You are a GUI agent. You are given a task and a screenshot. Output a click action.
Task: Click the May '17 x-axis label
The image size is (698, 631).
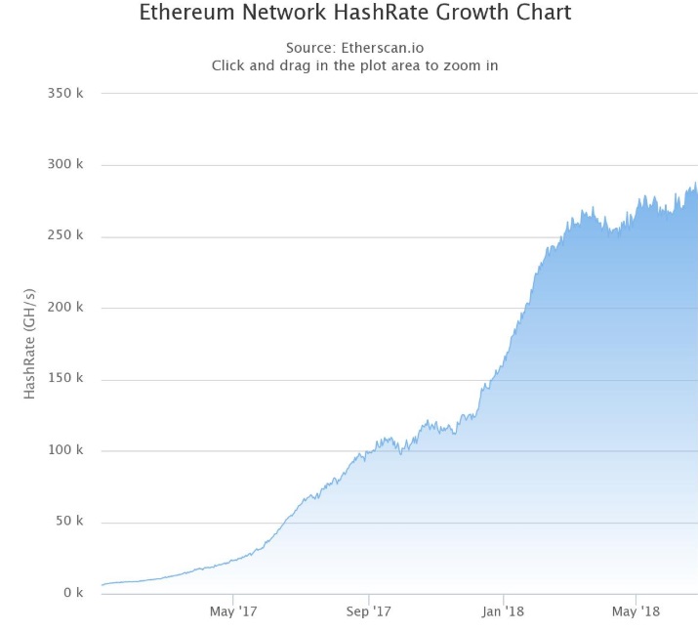pyautogui.click(x=233, y=612)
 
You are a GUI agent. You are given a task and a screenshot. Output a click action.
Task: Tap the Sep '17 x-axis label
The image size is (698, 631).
pyautogui.click(x=369, y=612)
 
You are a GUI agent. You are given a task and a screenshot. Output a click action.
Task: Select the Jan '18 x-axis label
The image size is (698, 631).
pyautogui.click(x=503, y=612)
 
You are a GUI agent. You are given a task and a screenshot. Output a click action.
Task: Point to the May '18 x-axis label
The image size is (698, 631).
pyautogui.click(x=636, y=612)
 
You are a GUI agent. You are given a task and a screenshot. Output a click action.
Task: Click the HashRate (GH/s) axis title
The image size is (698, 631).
pyautogui.click(x=30, y=344)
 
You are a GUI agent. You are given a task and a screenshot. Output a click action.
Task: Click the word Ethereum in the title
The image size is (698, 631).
pyautogui.click(x=185, y=14)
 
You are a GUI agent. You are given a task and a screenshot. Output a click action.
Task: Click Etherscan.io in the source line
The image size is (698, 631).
pyautogui.click(x=384, y=48)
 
